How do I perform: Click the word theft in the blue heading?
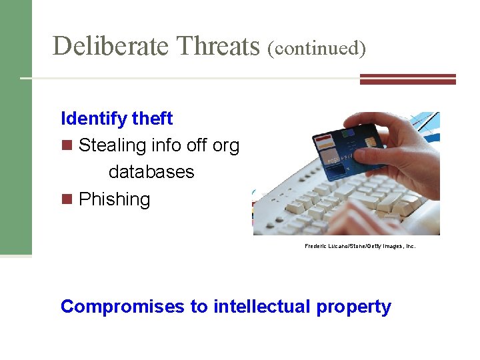(x=152, y=119)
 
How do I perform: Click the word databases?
(x=151, y=172)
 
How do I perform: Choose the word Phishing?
(x=114, y=199)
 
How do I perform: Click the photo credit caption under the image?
(x=360, y=246)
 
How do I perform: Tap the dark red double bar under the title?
(x=407, y=79)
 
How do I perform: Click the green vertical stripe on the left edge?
(x=15, y=127)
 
